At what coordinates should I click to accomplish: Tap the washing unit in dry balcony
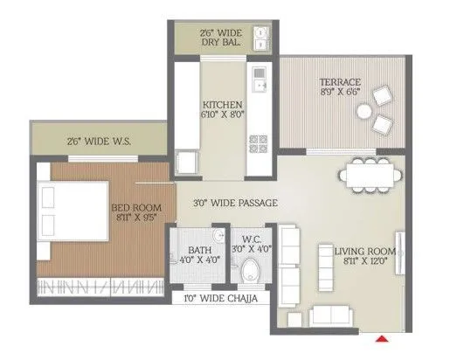point(260,37)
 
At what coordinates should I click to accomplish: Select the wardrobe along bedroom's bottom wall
point(99,285)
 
